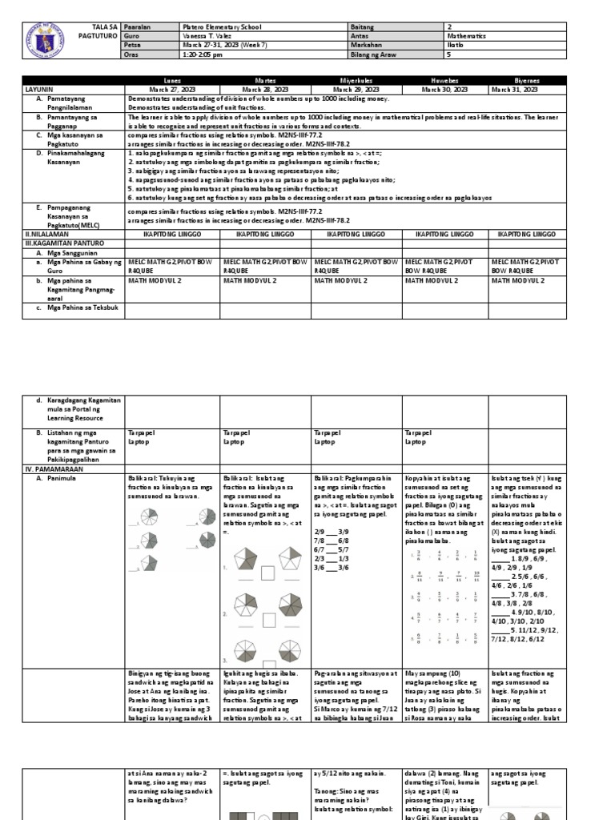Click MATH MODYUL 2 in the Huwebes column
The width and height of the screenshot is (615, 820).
pos(432,281)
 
